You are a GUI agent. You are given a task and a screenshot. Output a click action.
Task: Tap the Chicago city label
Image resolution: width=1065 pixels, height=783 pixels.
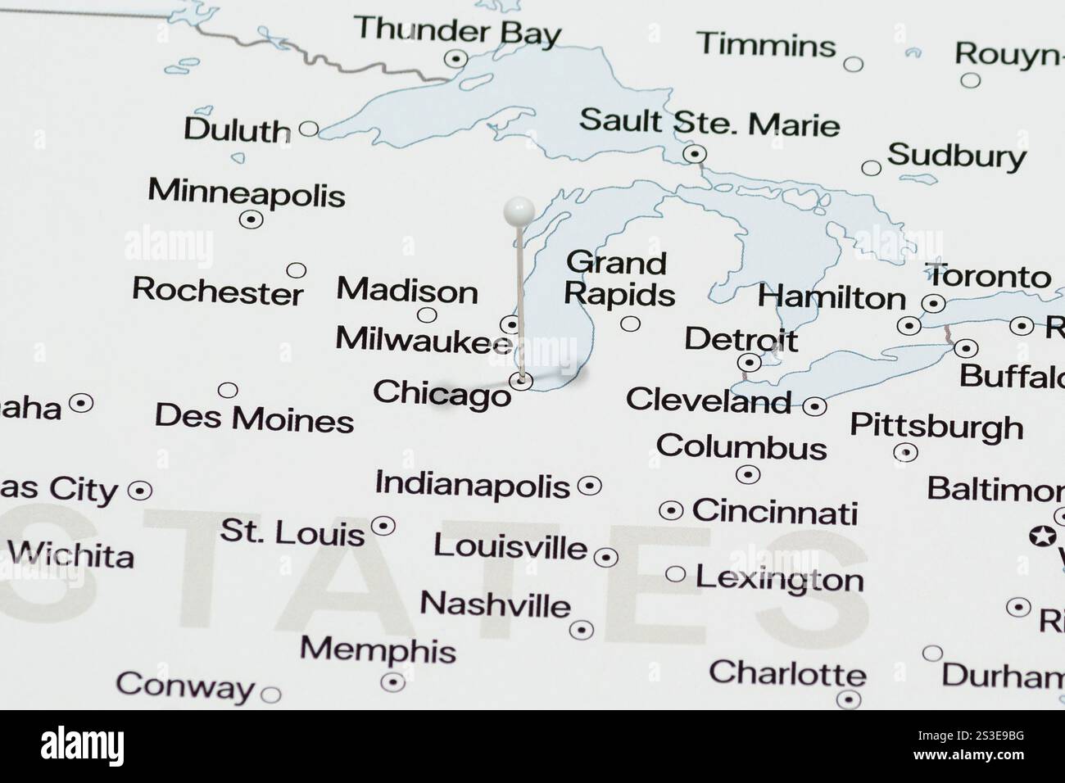pyautogui.click(x=442, y=393)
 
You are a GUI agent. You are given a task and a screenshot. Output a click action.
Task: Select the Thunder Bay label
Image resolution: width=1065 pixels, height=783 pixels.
pyautogui.click(x=458, y=30)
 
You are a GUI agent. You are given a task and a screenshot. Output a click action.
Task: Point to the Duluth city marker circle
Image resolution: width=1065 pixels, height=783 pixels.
pyautogui.click(x=309, y=129)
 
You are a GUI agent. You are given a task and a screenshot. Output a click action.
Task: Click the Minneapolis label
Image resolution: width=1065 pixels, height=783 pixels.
pyautogui.click(x=247, y=192)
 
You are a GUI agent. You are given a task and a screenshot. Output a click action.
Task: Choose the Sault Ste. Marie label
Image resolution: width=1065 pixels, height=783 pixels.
pyautogui.click(x=709, y=124)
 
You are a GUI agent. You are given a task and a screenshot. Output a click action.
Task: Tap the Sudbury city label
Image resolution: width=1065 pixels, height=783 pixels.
pyautogui.click(x=956, y=155)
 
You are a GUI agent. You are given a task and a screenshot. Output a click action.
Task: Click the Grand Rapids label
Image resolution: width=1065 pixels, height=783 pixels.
pyautogui.click(x=619, y=278)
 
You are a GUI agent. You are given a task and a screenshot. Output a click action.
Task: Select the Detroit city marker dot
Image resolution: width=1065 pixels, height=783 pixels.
pyautogui.click(x=749, y=362)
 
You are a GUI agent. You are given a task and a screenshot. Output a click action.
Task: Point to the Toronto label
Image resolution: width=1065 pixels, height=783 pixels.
pyautogui.click(x=987, y=276)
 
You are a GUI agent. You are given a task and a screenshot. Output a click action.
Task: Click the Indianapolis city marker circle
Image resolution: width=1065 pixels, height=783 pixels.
pyautogui.click(x=589, y=486)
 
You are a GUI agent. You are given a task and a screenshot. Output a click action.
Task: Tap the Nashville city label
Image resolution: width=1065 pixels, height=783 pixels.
pyautogui.click(x=495, y=604)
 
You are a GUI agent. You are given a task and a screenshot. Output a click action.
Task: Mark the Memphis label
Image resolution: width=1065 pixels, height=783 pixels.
pyautogui.click(x=378, y=649)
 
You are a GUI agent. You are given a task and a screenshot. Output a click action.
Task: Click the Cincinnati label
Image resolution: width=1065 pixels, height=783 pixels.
pyautogui.click(x=775, y=511)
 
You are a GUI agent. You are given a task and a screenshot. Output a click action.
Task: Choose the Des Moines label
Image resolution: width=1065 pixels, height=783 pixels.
pyautogui.click(x=255, y=419)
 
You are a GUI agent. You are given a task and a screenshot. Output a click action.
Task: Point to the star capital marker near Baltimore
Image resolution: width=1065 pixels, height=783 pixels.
pyautogui.click(x=1043, y=536)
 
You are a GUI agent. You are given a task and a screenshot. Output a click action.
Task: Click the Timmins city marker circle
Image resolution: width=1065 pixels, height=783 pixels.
pyautogui.click(x=853, y=64)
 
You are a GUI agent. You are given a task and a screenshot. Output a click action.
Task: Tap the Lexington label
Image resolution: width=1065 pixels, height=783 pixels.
pyautogui.click(x=779, y=579)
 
